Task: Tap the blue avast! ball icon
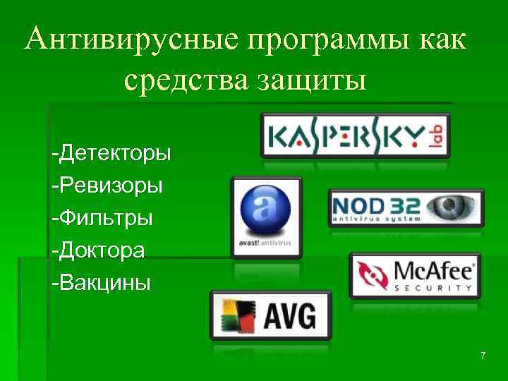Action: [x=266, y=211]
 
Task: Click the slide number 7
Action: [x=483, y=356]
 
